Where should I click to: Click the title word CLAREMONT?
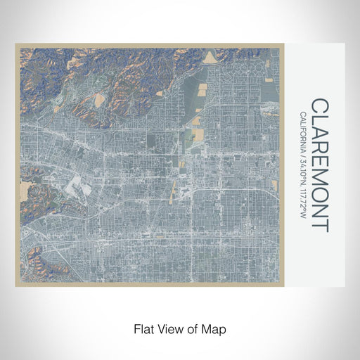[x=319, y=165]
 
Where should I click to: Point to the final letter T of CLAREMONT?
[x=319, y=226]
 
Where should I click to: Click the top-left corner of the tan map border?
[x=16, y=44]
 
